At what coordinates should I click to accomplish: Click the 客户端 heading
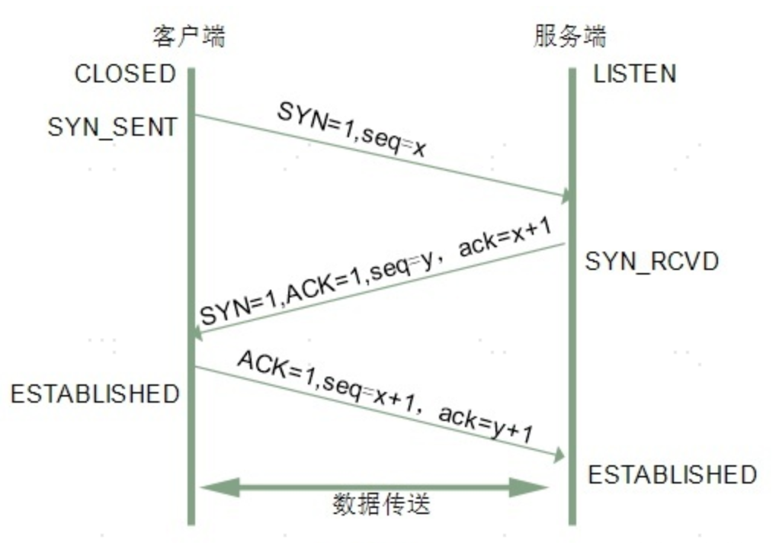click(188, 36)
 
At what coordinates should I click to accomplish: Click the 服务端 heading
click(570, 36)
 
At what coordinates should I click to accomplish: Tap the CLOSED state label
click(125, 75)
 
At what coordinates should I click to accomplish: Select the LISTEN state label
click(635, 74)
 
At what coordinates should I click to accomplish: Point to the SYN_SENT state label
click(112, 127)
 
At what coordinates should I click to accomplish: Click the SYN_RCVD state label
click(652, 262)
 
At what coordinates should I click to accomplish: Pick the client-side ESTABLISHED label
click(95, 394)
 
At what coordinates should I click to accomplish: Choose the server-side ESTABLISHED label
click(672, 474)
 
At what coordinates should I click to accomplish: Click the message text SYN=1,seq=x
click(351, 130)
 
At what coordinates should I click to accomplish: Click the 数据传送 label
click(381, 504)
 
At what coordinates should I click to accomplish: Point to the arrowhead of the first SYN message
click(565, 196)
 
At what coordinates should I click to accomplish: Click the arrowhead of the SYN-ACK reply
click(197, 333)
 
